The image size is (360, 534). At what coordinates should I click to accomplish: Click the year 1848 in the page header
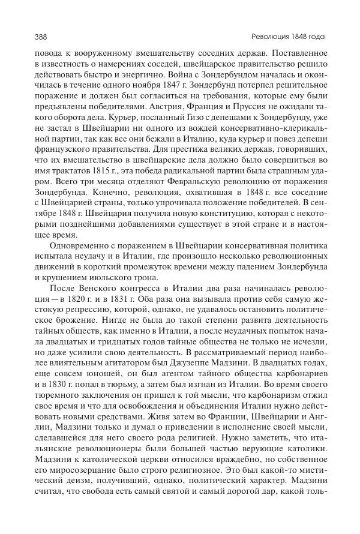coord(298,37)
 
